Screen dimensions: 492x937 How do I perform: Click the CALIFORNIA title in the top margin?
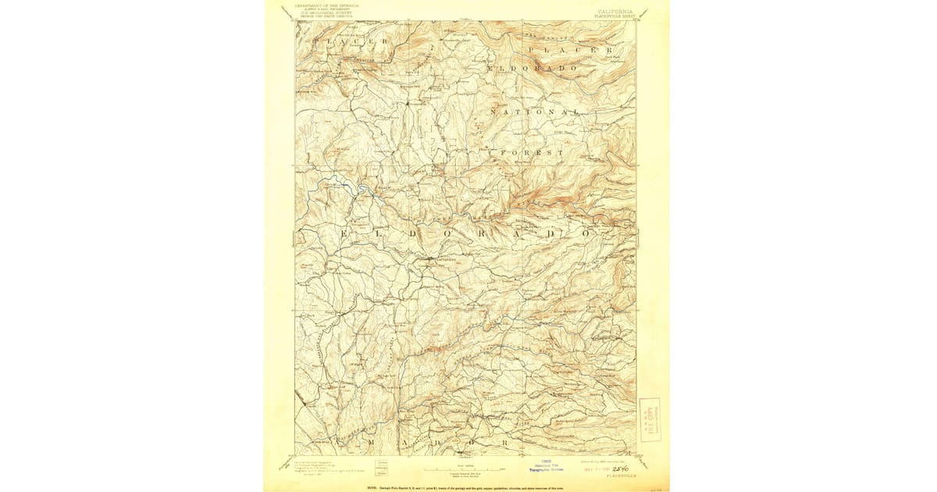(x=615, y=12)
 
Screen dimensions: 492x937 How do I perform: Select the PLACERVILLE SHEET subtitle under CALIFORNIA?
(x=615, y=16)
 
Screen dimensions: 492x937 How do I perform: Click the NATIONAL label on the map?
(x=536, y=112)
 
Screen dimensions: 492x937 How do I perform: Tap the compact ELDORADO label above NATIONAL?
(x=536, y=70)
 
